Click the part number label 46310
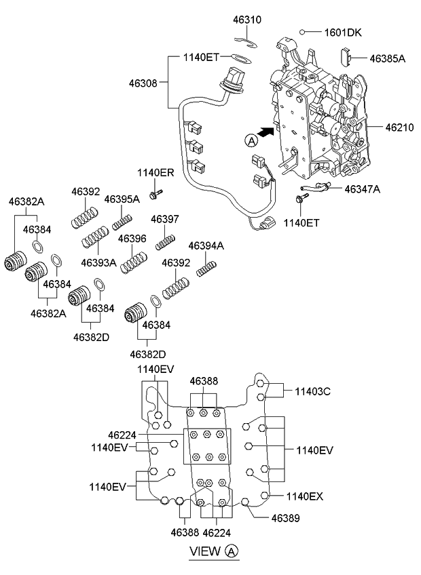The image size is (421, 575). [248, 20]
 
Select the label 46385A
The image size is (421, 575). [388, 59]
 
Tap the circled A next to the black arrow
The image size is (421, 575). [251, 140]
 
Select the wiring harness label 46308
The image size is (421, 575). [143, 83]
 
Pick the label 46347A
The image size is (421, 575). [362, 189]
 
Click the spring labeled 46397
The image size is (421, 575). [166, 241]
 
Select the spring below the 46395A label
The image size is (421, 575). [122, 220]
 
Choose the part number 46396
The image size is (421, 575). [132, 239]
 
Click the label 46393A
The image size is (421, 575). [98, 262]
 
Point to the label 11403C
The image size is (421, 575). [312, 391]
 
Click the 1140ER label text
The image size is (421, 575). [155, 172]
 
